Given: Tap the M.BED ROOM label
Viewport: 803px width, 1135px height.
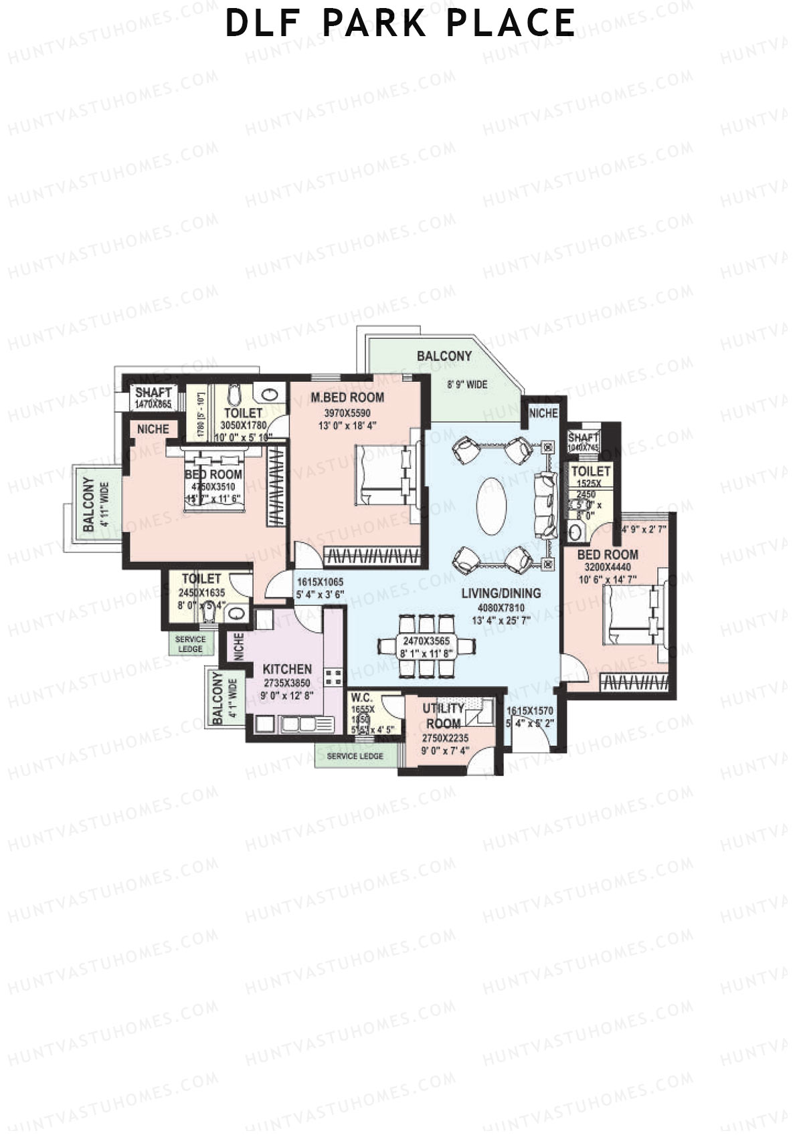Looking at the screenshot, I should (347, 398).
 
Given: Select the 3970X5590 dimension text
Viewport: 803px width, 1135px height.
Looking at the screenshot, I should (347, 413).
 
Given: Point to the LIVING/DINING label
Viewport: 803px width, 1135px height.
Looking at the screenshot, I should (501, 593).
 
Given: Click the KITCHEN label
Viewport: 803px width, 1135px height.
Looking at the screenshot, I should (286, 669).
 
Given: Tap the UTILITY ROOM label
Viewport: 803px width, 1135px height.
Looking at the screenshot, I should (443, 716).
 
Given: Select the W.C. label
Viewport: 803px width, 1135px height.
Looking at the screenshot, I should (361, 698).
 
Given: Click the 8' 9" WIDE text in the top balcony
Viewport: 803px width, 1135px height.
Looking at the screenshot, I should (467, 385).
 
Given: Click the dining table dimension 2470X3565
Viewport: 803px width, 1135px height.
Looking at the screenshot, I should (426, 640).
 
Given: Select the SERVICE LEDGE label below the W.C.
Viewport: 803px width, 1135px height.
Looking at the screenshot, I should (355, 756).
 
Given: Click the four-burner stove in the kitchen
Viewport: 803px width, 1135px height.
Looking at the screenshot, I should (333, 676).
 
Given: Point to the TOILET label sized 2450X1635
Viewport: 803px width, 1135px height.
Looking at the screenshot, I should (201, 579).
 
